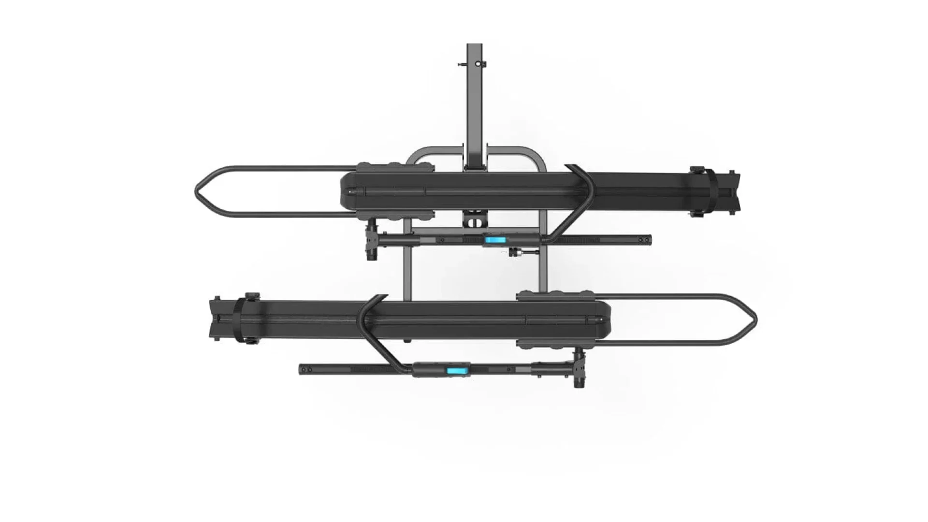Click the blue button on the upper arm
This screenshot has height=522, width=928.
[494, 240]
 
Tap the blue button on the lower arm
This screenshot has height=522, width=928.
[455, 371]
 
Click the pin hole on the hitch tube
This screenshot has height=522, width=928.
[478, 64]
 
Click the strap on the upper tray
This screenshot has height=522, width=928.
[707, 192]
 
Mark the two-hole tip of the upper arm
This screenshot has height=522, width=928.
[645, 239]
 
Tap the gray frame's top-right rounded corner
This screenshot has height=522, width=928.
[539, 155]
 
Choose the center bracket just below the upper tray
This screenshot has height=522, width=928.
[476, 219]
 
